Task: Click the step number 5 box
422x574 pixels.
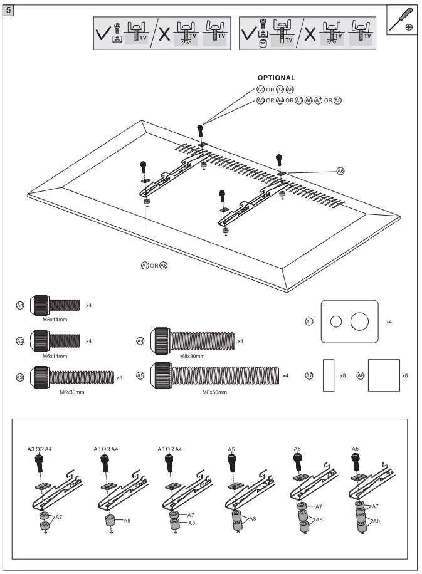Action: (x=9, y=12)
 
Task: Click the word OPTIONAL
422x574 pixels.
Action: (x=276, y=78)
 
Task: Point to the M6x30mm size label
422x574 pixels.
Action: (x=71, y=392)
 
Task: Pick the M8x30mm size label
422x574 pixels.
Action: (x=193, y=355)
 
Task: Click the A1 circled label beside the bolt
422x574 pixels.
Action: (x=20, y=305)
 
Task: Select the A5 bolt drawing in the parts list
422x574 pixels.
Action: (x=217, y=375)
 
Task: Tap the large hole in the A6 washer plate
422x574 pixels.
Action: (x=360, y=322)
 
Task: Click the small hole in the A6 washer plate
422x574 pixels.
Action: (x=336, y=322)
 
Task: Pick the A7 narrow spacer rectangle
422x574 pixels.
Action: (x=329, y=375)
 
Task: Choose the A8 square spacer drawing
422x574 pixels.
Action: (x=383, y=375)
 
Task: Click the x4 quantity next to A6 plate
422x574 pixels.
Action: (x=389, y=321)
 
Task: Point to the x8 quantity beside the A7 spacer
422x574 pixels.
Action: (x=342, y=375)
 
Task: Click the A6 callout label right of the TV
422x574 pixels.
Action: (x=340, y=170)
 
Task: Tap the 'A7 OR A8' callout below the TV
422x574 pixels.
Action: (x=154, y=266)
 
